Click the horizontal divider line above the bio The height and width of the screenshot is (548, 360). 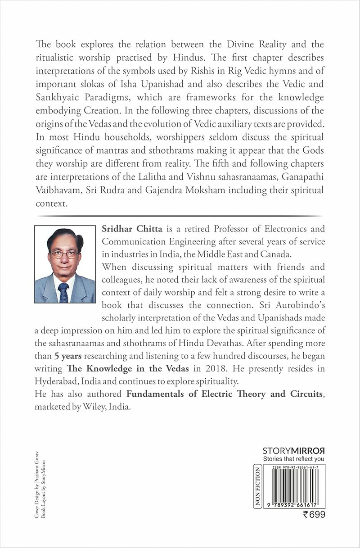(177, 216)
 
